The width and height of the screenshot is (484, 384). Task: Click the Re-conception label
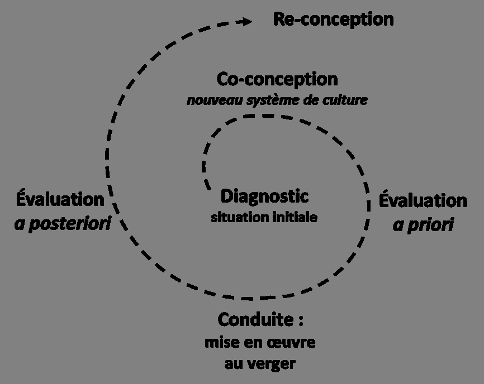click(x=333, y=20)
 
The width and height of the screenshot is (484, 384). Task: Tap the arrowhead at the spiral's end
click(x=245, y=22)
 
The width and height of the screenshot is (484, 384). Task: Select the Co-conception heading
click(x=277, y=79)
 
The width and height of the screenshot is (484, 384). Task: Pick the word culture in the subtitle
click(x=349, y=101)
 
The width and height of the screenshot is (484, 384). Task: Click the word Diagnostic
click(x=264, y=196)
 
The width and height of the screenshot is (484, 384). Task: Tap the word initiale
click(x=294, y=217)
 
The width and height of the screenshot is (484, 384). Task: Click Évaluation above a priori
click(x=423, y=201)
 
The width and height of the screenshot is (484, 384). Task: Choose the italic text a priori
click(x=423, y=225)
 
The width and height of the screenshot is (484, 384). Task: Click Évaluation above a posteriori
click(x=60, y=199)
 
